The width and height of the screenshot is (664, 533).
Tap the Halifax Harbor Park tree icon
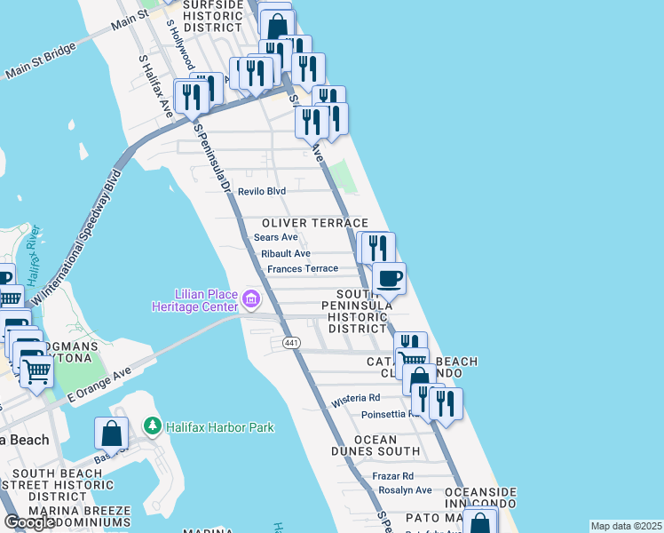[153, 427]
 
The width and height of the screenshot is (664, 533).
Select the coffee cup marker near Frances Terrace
[389, 278]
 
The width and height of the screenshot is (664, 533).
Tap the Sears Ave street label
[275, 237]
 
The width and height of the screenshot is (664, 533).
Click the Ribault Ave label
[285, 253]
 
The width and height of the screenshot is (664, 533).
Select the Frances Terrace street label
[302, 268]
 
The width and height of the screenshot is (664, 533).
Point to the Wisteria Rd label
[355, 400]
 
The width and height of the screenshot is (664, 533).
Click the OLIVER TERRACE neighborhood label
[314, 223]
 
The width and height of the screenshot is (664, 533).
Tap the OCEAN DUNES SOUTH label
[387, 446]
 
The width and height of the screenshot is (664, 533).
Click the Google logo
[29, 522]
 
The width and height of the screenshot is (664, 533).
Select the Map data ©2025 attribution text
[627, 526]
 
